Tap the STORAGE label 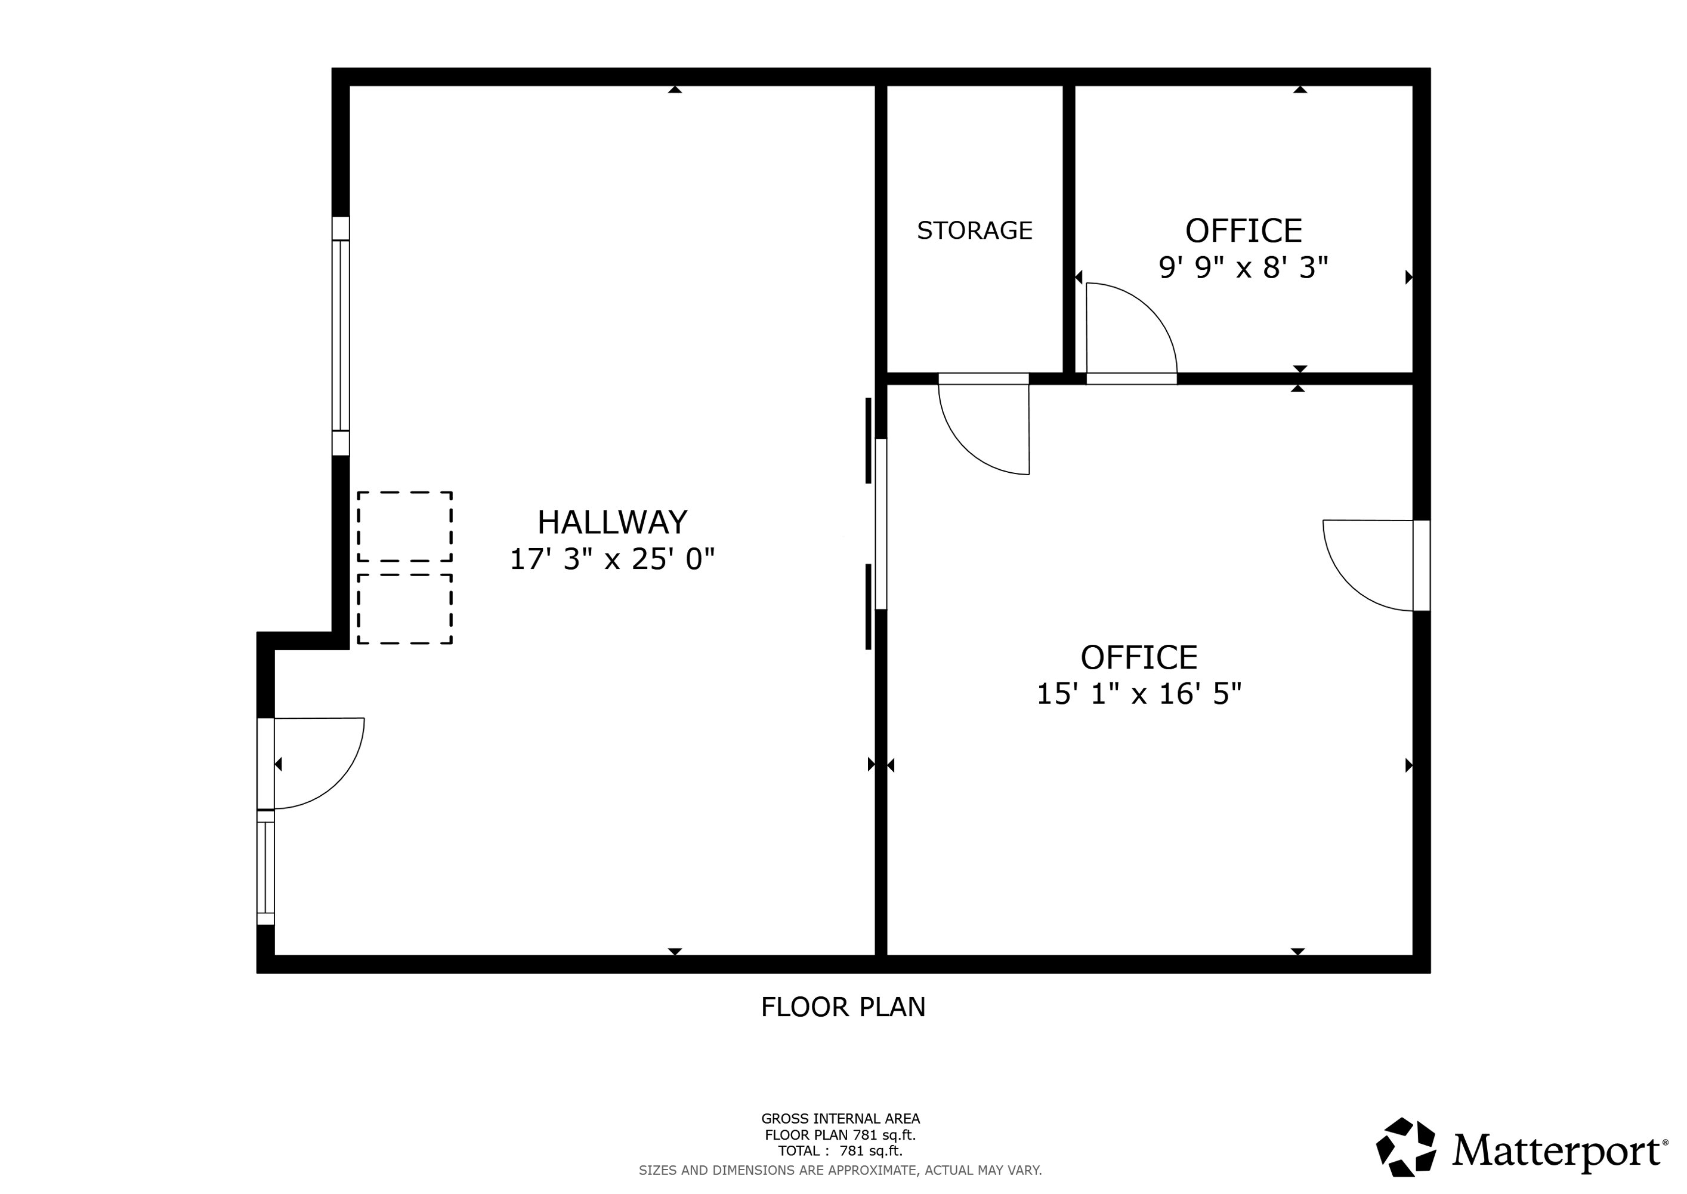[x=974, y=231]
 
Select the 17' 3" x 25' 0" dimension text [x=612, y=559]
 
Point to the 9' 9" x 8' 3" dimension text [x=1243, y=267]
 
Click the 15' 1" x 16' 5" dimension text [x=1139, y=693]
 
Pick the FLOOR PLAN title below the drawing [x=843, y=1007]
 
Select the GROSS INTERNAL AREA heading [x=841, y=1118]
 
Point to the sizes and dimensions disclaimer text [x=841, y=1170]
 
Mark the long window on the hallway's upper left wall [x=340, y=336]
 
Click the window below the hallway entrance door [x=265, y=867]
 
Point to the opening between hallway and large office [x=881, y=524]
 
